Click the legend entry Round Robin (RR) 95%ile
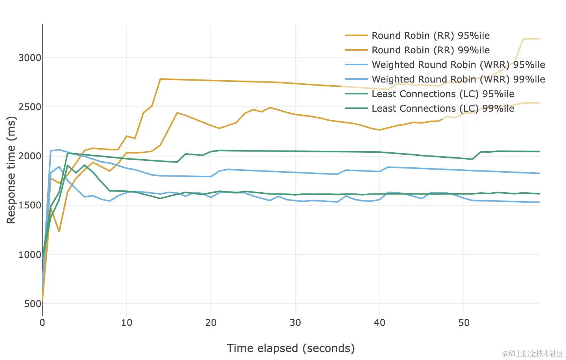pyautogui.click(x=430, y=36)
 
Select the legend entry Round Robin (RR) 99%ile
pyautogui.click(x=430, y=50)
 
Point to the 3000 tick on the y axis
pyautogui.click(x=30, y=58)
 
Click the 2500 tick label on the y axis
pyautogui.click(x=30, y=107)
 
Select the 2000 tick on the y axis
pyautogui.click(x=30, y=156)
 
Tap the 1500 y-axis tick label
pyautogui.click(x=30, y=205)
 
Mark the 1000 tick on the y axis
pyautogui.click(x=30, y=254)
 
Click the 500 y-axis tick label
pyautogui.click(x=33, y=304)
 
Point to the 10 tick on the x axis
pyautogui.click(x=127, y=323)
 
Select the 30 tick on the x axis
pyautogui.click(x=295, y=323)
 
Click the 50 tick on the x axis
pyautogui.click(x=464, y=323)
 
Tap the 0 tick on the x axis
pyautogui.click(x=42, y=323)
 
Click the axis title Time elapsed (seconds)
pyautogui.click(x=291, y=348)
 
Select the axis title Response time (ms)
pyautogui.click(x=11, y=170)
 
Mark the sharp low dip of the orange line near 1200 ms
pyautogui.click(x=59, y=231)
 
